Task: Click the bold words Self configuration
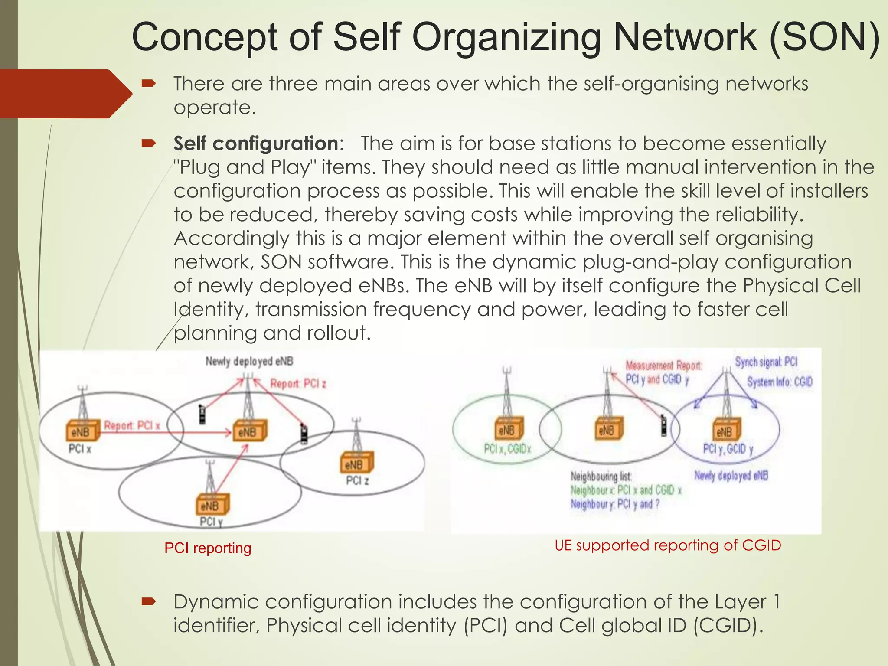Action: coord(256,144)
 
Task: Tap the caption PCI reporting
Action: coord(208,548)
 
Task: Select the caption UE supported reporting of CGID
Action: coord(668,545)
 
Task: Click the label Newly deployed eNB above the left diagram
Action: coord(249,361)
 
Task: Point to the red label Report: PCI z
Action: coord(298,383)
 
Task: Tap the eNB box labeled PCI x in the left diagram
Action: coord(81,431)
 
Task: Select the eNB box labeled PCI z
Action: coord(356,464)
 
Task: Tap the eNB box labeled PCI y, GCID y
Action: coord(726,431)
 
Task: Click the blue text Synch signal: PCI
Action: coord(766,362)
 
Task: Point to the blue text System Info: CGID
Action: coord(779,382)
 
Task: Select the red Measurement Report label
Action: coord(663,366)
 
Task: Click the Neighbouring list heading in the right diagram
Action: coord(601,476)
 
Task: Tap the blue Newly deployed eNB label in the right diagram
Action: coord(731,476)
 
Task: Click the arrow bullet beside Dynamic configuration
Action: coord(148,601)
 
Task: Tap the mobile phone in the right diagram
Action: coord(663,425)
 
